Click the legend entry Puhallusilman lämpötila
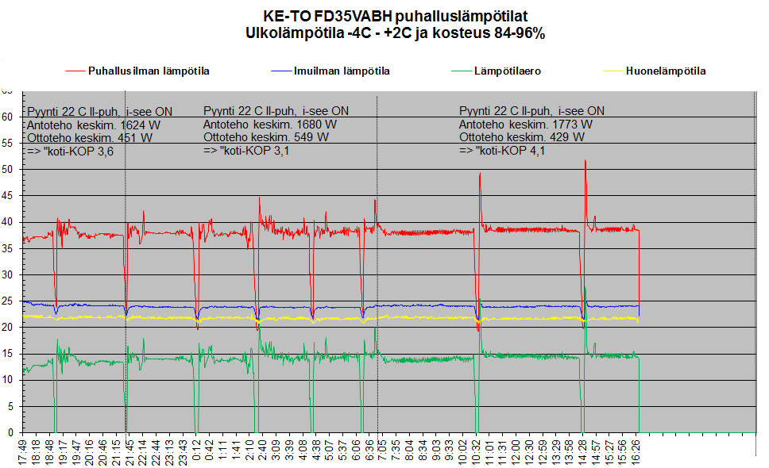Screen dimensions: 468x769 149,71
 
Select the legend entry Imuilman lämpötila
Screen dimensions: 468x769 342,71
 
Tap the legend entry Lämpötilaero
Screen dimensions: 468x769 508,71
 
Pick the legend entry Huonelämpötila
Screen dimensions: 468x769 666,71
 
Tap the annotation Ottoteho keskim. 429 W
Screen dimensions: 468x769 521,137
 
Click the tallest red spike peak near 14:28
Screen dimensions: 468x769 585,161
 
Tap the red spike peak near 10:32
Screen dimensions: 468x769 480,174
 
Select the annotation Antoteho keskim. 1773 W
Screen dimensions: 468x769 525,125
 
